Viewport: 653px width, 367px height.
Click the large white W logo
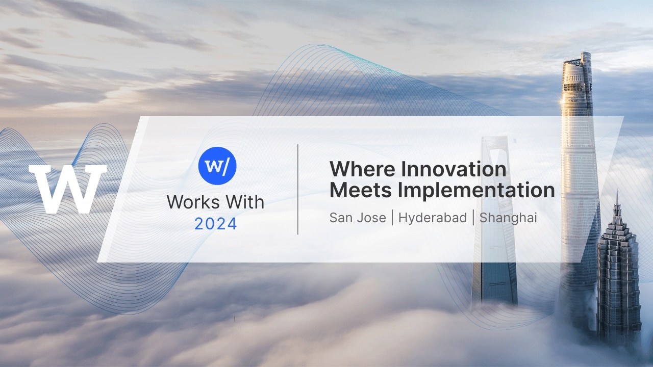(68, 189)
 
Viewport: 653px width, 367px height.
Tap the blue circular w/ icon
(217, 166)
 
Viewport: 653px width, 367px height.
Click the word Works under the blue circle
(193, 202)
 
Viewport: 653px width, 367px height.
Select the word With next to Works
(245, 202)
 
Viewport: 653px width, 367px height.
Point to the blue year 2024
(216, 224)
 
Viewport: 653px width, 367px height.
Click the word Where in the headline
(362, 169)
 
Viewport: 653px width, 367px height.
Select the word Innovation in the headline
(454, 169)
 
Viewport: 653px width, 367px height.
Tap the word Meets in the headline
(361, 190)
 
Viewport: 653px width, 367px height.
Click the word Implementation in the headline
(476, 191)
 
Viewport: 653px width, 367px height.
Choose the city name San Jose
(358, 218)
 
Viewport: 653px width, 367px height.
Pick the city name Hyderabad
(433, 218)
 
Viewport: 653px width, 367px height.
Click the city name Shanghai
(508, 218)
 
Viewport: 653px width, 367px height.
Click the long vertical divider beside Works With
(297, 189)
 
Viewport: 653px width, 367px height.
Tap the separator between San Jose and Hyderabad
(392, 218)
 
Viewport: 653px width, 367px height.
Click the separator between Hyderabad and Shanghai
(473, 218)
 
